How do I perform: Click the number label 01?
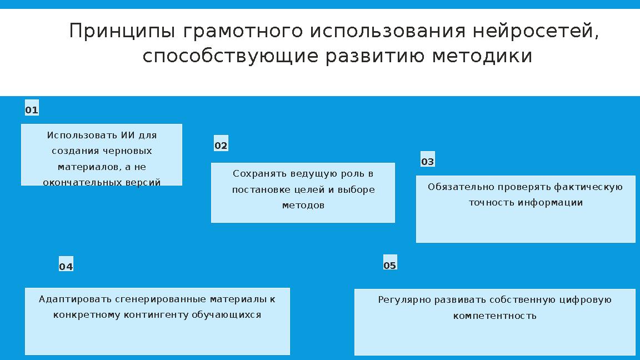(32, 110)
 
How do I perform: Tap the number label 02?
(221, 146)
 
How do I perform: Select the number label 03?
(428, 162)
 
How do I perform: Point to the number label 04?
(66, 267)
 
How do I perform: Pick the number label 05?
(390, 265)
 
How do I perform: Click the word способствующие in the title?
(231, 56)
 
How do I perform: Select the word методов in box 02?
(303, 205)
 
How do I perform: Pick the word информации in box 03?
(551, 202)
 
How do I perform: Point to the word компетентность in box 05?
(495, 316)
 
